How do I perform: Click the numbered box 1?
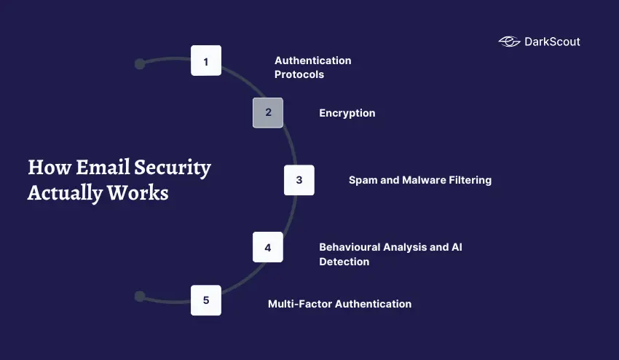(206, 60)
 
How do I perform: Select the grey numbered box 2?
(268, 112)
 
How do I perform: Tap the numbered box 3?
(299, 180)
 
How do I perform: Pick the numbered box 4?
(268, 247)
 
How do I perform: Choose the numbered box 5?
(206, 300)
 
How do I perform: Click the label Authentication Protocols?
(312, 67)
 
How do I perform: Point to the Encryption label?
(347, 113)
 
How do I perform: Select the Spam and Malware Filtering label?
(419, 180)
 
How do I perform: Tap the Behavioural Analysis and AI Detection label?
(390, 254)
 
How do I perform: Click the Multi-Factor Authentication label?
(339, 304)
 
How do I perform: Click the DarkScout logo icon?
(509, 42)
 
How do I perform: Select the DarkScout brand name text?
(552, 42)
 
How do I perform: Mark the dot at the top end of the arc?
(140, 64)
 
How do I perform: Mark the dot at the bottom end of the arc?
(140, 296)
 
